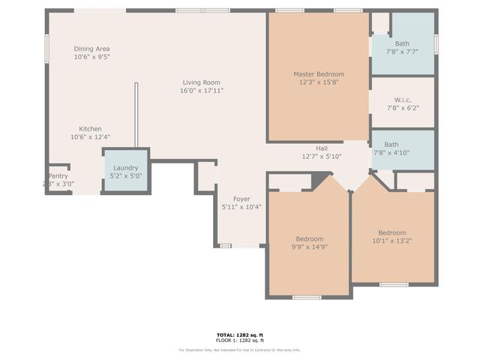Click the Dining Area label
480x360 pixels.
(91, 49)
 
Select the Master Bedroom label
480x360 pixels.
(319, 74)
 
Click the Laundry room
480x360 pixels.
(125, 172)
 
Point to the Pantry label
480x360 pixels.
(58, 176)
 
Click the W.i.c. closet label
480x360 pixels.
(402, 100)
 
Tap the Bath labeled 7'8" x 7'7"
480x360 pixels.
(402, 48)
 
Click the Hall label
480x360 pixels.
(321, 148)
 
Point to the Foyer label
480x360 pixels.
(241, 199)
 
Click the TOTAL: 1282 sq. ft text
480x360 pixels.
(240, 334)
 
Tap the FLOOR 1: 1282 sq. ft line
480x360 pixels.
(240, 340)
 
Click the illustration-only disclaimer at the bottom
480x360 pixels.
(240, 349)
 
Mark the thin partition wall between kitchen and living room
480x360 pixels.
(136, 116)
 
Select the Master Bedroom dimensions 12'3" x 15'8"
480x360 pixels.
(319, 82)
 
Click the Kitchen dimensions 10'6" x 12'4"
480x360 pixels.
(90, 137)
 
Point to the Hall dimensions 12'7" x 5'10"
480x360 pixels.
(321, 157)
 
